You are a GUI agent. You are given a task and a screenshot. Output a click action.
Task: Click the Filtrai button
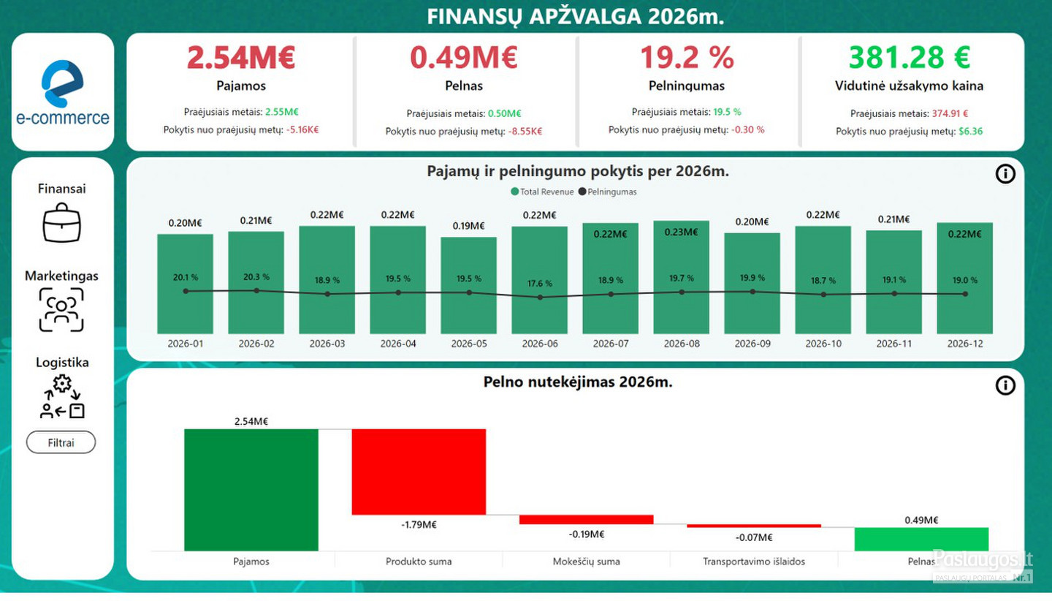[61, 442]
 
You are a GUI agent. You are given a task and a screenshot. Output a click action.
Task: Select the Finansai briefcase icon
[61, 223]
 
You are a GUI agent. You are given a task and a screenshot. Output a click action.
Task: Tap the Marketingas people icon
[61, 310]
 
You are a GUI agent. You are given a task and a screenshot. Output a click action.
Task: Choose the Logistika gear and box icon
[63, 396]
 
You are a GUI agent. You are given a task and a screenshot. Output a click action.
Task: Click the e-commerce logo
[63, 93]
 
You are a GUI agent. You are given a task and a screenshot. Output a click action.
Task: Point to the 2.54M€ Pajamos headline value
[241, 58]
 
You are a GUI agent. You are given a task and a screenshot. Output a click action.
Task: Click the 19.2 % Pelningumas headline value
[687, 58]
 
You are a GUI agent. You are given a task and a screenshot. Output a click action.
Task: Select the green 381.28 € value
[910, 57]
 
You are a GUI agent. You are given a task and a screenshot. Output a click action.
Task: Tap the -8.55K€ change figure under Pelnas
[525, 132]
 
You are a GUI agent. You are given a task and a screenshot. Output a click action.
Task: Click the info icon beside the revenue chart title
[1005, 174]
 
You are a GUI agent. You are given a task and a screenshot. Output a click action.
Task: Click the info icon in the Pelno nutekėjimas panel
[1005, 385]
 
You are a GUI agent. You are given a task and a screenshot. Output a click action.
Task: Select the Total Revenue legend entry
[542, 192]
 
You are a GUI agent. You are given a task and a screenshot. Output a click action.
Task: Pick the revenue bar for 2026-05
[469, 285]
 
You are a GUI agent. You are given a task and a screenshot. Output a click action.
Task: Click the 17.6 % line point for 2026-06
[540, 297]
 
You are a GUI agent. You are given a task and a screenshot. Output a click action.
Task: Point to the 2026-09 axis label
[752, 344]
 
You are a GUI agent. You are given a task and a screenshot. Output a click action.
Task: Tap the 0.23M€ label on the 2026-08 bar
[681, 232]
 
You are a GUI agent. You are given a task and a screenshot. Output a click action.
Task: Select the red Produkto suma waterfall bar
[419, 472]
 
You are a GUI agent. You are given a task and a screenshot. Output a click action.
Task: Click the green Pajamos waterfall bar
[251, 490]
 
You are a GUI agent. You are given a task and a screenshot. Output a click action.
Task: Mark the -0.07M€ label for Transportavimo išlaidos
[754, 537]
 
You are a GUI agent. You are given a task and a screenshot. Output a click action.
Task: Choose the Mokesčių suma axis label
[586, 562]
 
